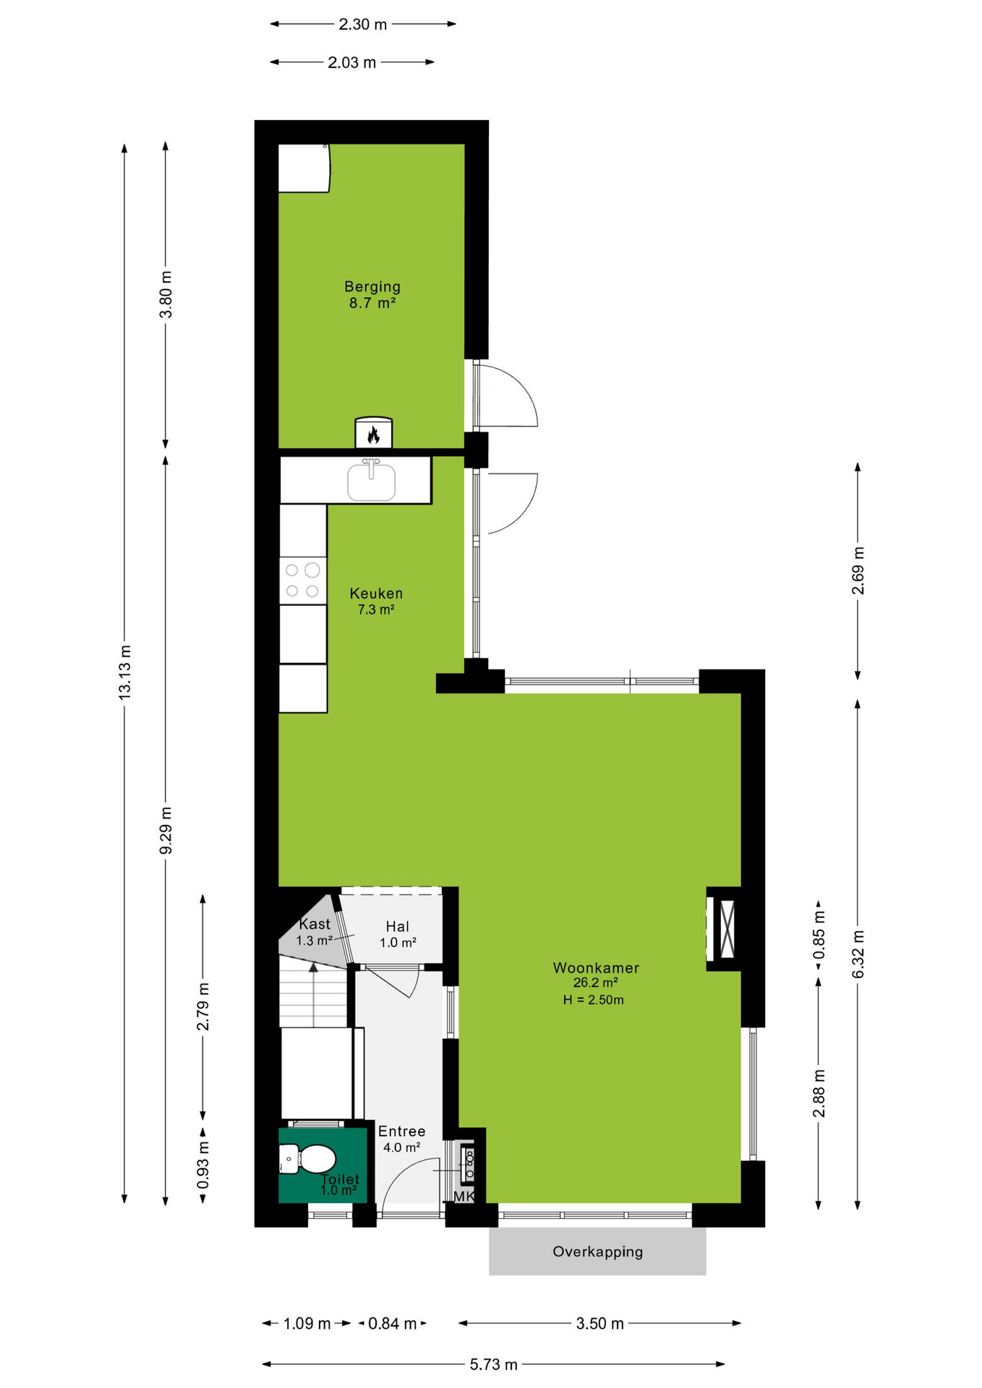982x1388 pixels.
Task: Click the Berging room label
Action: click(x=372, y=287)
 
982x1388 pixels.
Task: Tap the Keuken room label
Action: click(x=376, y=594)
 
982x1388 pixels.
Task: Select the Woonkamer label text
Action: click(x=596, y=967)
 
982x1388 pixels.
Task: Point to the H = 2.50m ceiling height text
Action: click(x=593, y=1000)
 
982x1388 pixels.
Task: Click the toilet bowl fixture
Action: click(x=308, y=1159)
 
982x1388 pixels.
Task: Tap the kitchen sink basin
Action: click(x=371, y=481)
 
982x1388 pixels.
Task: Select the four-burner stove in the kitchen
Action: click(x=303, y=581)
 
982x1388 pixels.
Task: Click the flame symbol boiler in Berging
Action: click(x=373, y=433)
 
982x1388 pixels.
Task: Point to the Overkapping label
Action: click(x=597, y=1251)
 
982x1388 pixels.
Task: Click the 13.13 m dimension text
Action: click(x=125, y=672)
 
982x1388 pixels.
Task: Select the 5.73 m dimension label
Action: click(x=494, y=1364)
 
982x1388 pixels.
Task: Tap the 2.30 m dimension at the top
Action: click(x=363, y=24)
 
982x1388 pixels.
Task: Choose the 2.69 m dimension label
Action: click(x=858, y=570)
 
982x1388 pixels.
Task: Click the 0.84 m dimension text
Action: click(x=393, y=1323)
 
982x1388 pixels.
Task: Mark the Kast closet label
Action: click(x=315, y=924)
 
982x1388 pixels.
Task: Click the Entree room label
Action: click(x=401, y=1131)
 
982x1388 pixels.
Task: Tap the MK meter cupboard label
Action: click(x=464, y=1196)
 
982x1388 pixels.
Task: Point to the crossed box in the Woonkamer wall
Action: click(x=727, y=928)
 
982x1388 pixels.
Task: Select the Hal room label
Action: click(x=397, y=927)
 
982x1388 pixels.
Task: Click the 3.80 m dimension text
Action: click(x=166, y=294)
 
